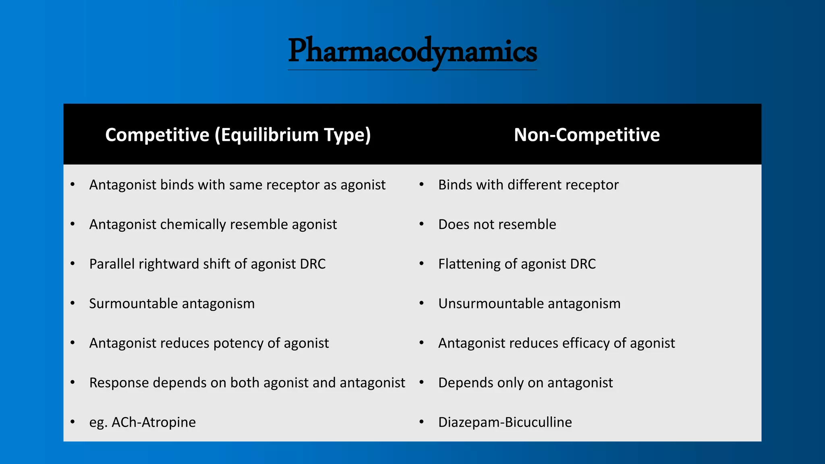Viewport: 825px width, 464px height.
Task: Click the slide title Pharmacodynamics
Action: click(x=412, y=52)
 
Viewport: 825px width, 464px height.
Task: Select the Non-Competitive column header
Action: click(x=587, y=135)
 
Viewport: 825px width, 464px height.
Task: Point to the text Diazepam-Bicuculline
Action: click(x=505, y=422)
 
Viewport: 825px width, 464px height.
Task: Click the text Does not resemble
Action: click(x=497, y=224)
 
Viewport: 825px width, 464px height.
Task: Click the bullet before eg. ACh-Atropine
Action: click(x=73, y=422)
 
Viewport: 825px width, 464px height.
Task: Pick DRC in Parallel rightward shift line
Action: click(x=313, y=264)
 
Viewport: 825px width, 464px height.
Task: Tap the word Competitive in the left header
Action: click(x=157, y=135)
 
